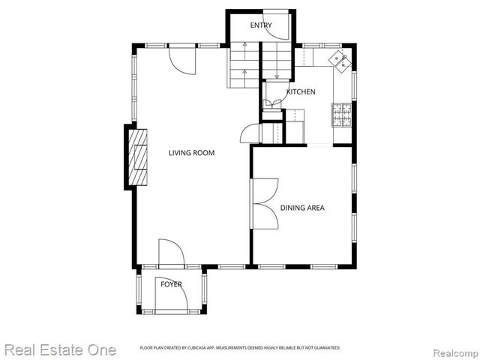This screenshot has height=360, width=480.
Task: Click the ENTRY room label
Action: (261, 26)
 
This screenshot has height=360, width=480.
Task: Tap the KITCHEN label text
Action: (300, 92)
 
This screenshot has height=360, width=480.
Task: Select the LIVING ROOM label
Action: (191, 153)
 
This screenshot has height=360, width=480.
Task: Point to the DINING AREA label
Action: (302, 208)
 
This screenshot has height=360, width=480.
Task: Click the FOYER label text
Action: (171, 284)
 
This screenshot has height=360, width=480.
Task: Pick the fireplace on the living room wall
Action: (136, 157)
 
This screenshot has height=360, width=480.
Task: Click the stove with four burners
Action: (342, 114)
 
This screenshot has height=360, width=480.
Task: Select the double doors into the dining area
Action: (264, 203)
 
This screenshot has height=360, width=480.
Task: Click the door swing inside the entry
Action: (278, 18)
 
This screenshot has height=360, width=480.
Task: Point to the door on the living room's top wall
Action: (181, 58)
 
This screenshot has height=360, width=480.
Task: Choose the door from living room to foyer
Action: (171, 252)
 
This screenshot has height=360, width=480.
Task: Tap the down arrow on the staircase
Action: (277, 72)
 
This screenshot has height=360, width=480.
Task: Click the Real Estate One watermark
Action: (60, 349)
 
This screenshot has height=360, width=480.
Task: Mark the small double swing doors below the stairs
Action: (272, 103)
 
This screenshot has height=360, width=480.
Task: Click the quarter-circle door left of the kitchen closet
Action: (250, 133)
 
